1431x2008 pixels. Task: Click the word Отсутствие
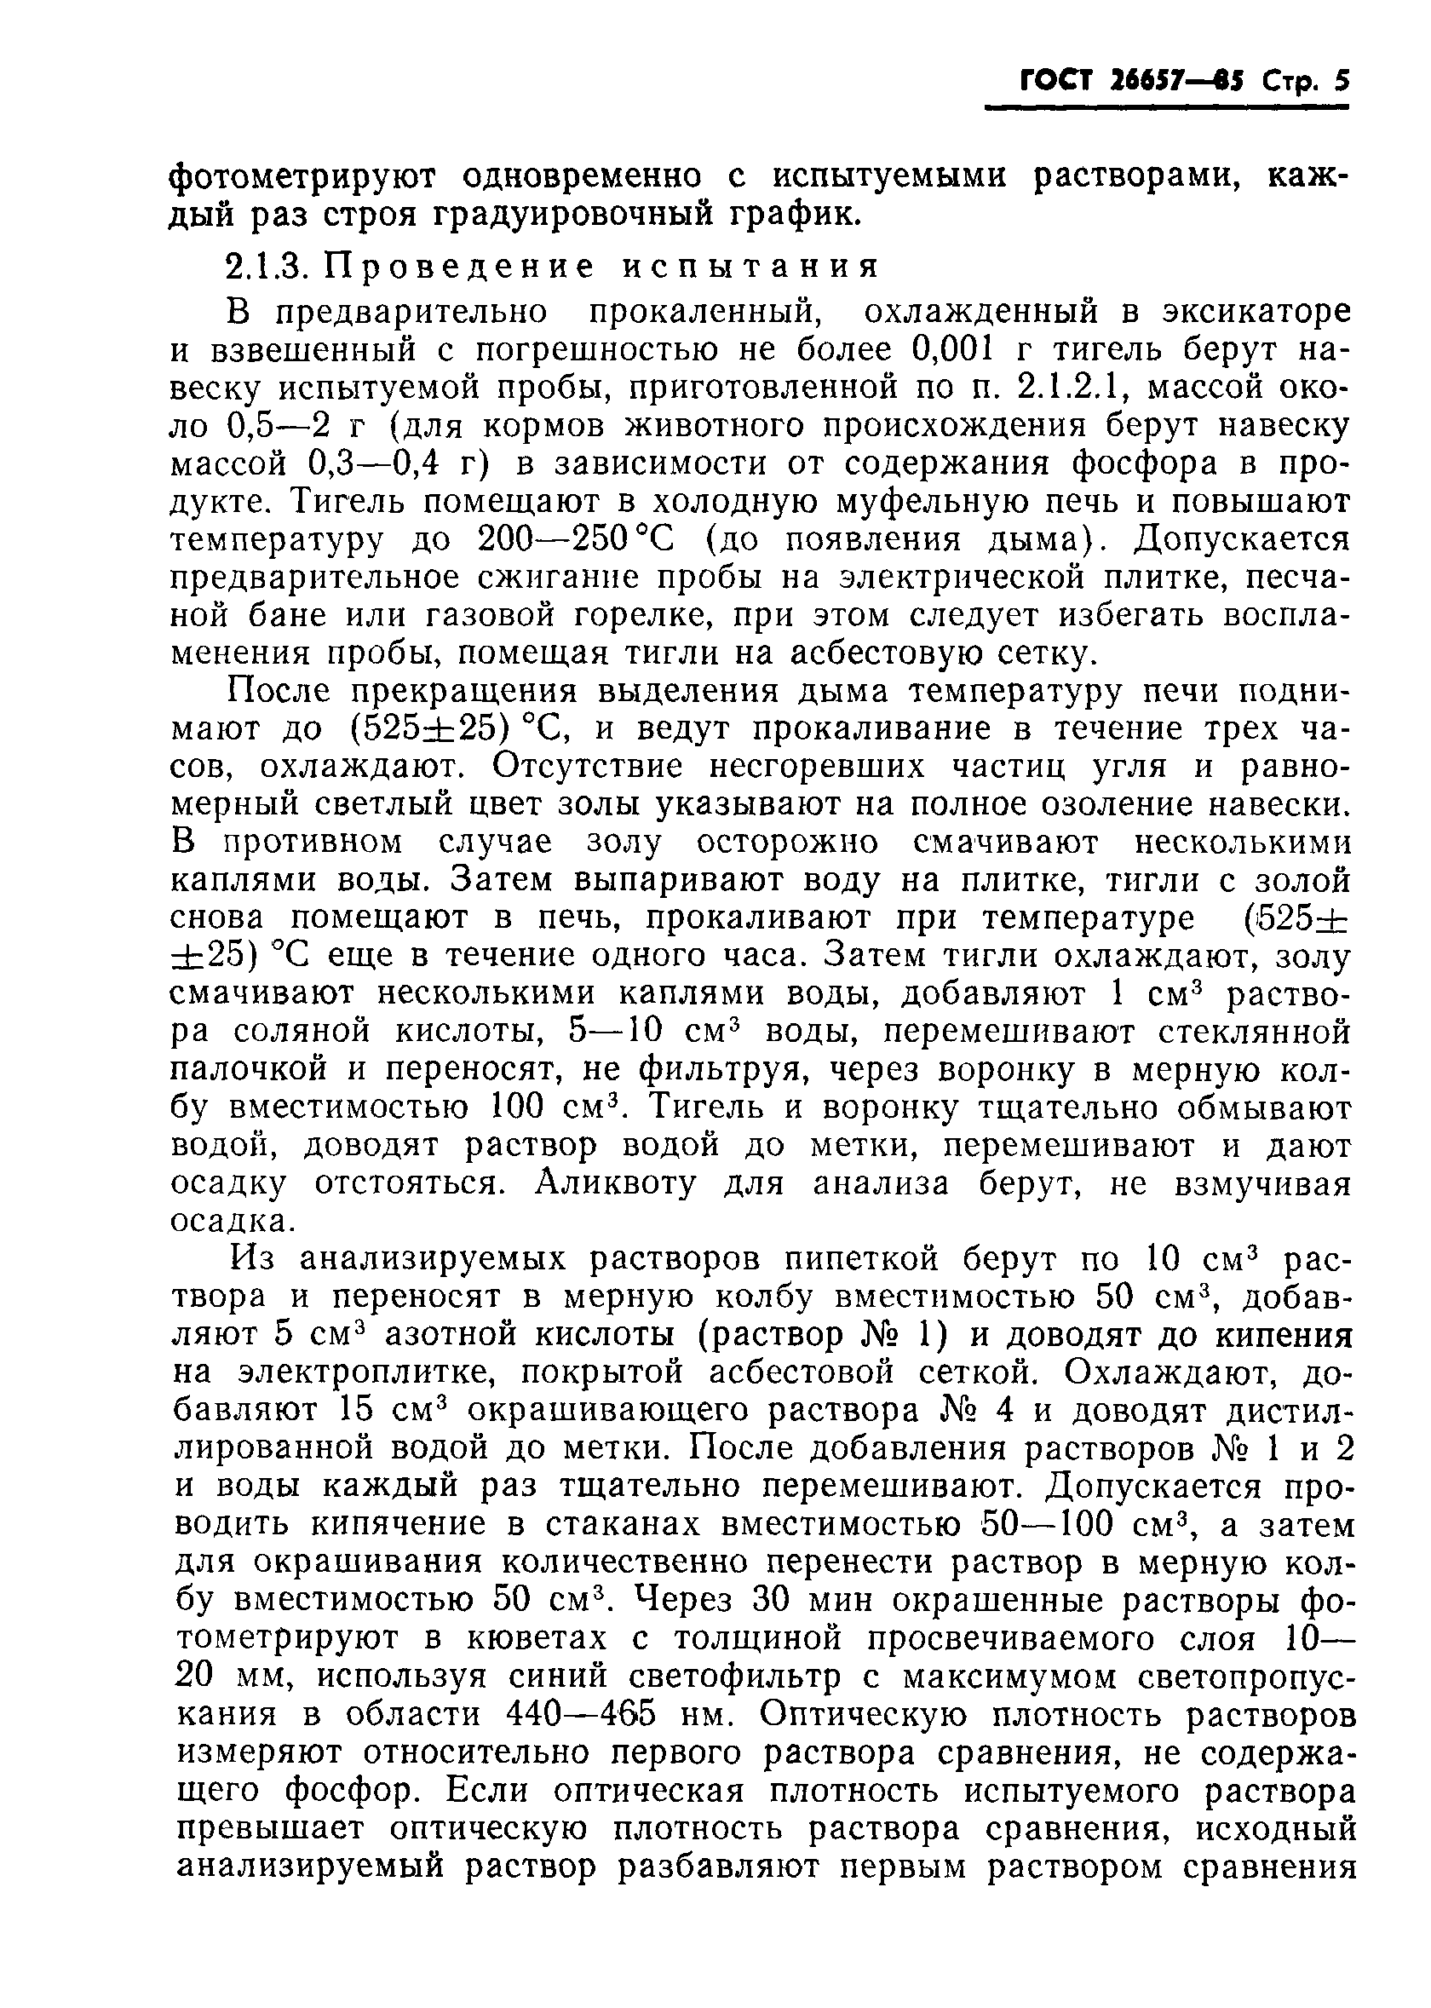click(589, 767)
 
